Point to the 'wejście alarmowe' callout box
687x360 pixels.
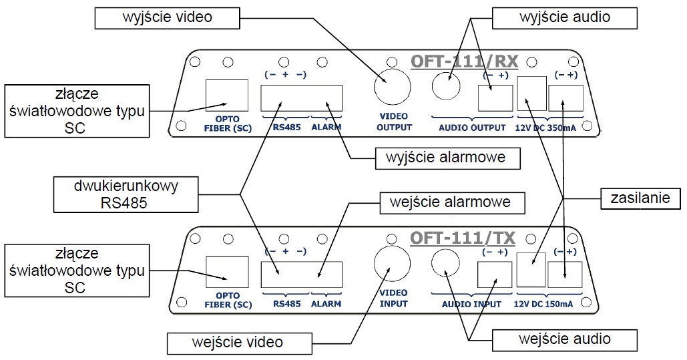click(445, 202)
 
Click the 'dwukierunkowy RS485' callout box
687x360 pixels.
click(126, 194)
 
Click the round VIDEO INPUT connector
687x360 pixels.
click(391, 264)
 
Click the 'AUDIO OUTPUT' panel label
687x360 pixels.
click(472, 127)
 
